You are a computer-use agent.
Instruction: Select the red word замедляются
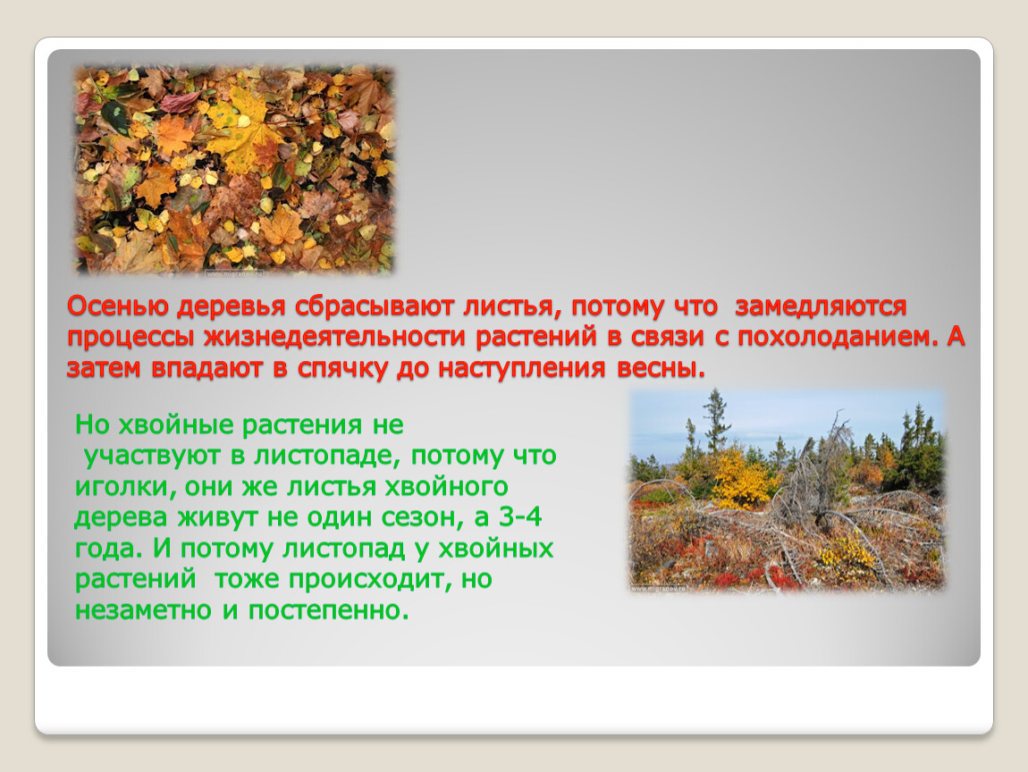pyautogui.click(x=821, y=306)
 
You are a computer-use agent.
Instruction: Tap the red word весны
pyautogui.click(x=661, y=368)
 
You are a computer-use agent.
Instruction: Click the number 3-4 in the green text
pyautogui.click(x=520, y=517)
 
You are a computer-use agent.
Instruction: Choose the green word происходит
pyautogui.click(x=366, y=579)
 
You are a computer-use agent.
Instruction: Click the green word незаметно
pyautogui.click(x=143, y=611)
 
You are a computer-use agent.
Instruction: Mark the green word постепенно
pyautogui.click(x=328, y=611)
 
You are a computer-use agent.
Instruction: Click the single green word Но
pyautogui.click(x=92, y=425)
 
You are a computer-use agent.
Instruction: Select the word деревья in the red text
pyautogui.click(x=232, y=306)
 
